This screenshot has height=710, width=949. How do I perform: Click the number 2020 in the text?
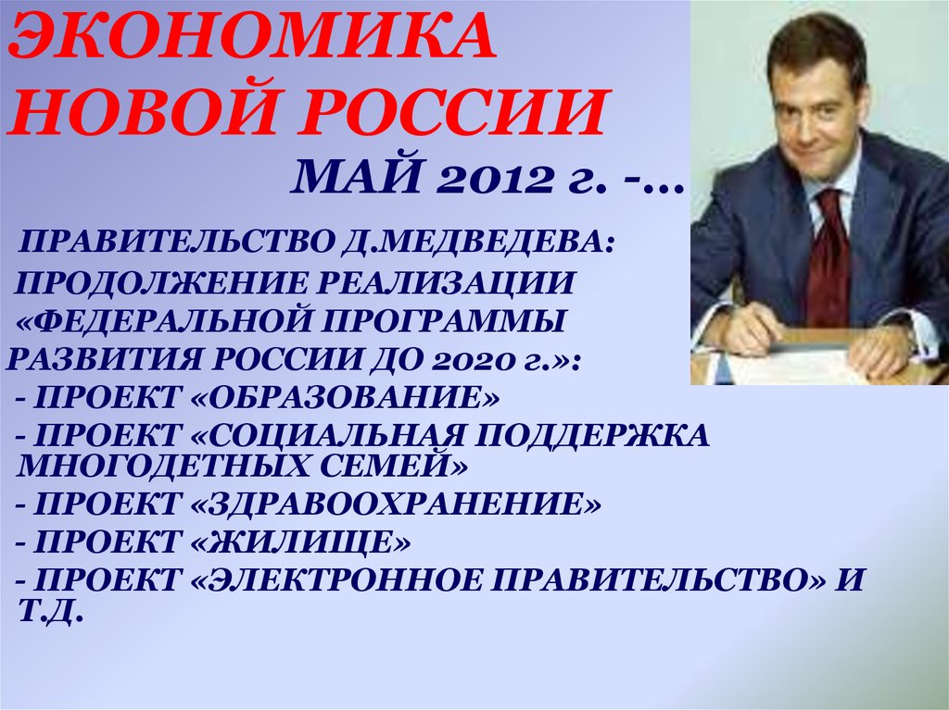[473, 359]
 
